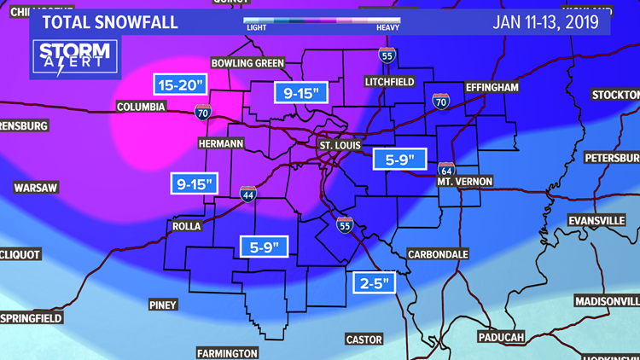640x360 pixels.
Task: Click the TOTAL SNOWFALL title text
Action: pos(108,21)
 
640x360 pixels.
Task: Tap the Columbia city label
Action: pos(140,107)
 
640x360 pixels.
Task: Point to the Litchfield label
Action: pos(388,82)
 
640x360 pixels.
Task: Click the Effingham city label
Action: pos(493,88)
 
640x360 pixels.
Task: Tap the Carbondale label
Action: pos(438,254)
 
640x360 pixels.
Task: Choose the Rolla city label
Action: pos(185,226)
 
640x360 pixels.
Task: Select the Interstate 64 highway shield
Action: pos(446,170)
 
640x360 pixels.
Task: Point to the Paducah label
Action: pos(496,337)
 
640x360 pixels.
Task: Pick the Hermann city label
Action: pos(220,142)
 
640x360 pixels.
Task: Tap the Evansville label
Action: pos(596,220)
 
